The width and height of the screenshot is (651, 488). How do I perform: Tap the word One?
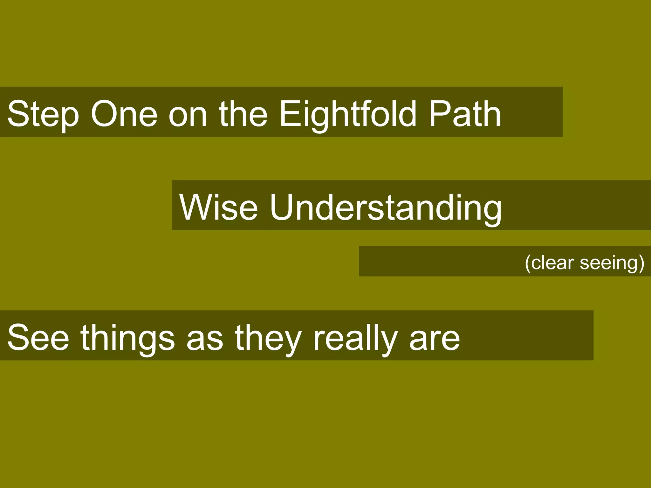[x=124, y=114]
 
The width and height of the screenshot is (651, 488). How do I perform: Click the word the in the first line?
[x=243, y=114]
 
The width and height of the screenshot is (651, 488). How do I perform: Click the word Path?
[x=465, y=114]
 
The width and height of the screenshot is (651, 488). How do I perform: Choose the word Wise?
[x=218, y=207]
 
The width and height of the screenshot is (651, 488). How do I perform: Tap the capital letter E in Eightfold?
[x=289, y=114]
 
